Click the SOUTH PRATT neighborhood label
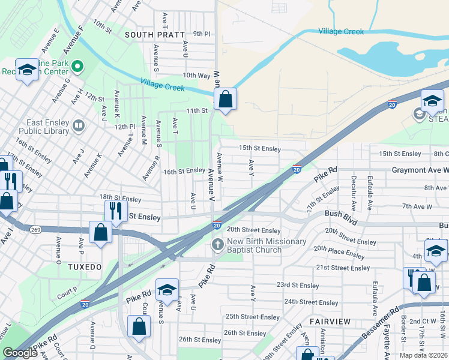tap(154, 35)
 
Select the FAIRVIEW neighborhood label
tap(330, 322)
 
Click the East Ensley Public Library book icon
tap(77, 126)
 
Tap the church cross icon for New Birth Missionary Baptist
tap(217, 245)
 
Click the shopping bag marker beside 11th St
tap(225, 100)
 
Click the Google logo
tap(20, 353)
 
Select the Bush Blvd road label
tap(341, 213)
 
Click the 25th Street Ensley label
tap(252, 317)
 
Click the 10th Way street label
tap(196, 76)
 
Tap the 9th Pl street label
tap(202, 34)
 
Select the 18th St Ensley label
tap(120, 198)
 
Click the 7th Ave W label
tap(419, 206)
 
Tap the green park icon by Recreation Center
tap(77, 65)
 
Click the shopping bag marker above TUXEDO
tap(101, 232)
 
